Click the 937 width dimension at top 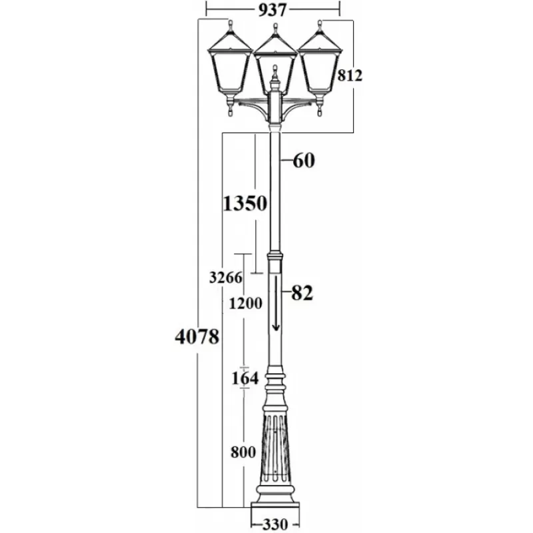pyautogui.click(x=272, y=10)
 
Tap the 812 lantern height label pyautogui.click(x=350, y=75)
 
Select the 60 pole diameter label pyautogui.click(x=304, y=161)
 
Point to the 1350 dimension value pyautogui.click(x=245, y=204)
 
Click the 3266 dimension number pyautogui.click(x=226, y=277)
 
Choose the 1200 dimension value pyautogui.click(x=245, y=303)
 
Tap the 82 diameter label pyautogui.click(x=302, y=292)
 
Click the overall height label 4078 pyautogui.click(x=197, y=337)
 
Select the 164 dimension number pyautogui.click(x=245, y=378)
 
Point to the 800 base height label pyautogui.click(x=243, y=452)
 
